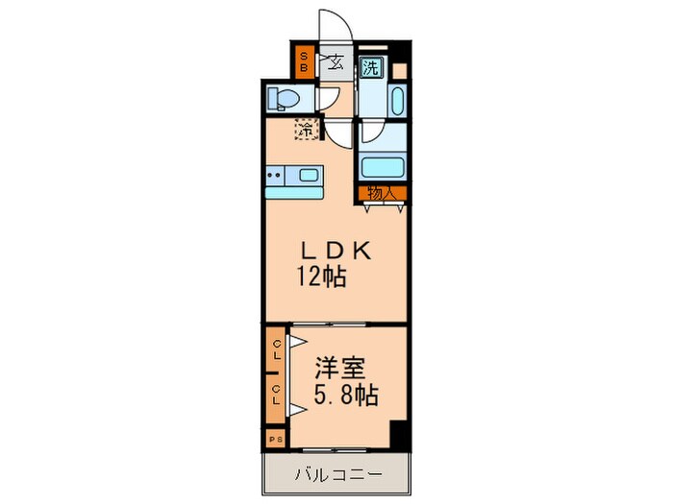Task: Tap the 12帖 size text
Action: tap(321, 278)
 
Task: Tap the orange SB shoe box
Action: tap(303, 62)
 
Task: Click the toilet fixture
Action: tap(284, 97)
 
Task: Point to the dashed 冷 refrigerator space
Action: tap(306, 128)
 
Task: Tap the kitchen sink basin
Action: tap(310, 175)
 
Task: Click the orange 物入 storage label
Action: tap(383, 193)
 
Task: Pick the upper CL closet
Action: tap(277, 351)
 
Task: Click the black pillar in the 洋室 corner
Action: tap(399, 435)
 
